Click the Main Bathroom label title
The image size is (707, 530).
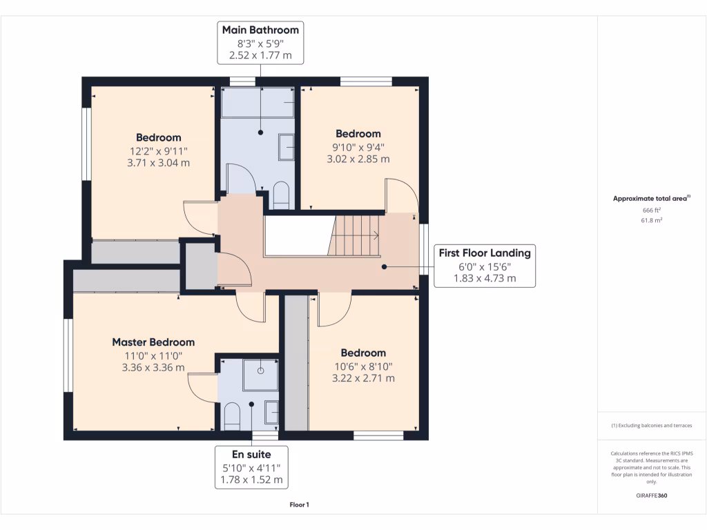(x=260, y=30)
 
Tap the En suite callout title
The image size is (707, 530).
(x=251, y=454)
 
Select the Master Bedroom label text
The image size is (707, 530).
(x=153, y=342)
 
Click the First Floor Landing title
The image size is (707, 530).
(x=485, y=253)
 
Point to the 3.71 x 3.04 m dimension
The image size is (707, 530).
(x=158, y=163)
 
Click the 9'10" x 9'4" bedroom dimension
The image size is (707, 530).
(x=358, y=147)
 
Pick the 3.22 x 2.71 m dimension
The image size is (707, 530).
(x=363, y=378)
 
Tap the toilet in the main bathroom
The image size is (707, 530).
(x=282, y=195)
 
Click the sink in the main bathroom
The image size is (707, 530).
(x=287, y=147)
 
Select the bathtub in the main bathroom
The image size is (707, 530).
(x=258, y=102)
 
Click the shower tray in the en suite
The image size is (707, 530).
(x=260, y=375)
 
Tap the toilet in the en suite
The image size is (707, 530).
(x=232, y=416)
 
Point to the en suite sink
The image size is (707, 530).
(x=271, y=413)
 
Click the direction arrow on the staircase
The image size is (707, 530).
(x=374, y=235)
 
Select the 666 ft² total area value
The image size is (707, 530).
(x=652, y=210)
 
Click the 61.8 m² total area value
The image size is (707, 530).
(x=652, y=220)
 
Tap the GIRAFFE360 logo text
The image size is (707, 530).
(x=652, y=495)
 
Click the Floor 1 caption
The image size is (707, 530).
(x=300, y=504)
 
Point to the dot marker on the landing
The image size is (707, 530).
(x=384, y=267)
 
